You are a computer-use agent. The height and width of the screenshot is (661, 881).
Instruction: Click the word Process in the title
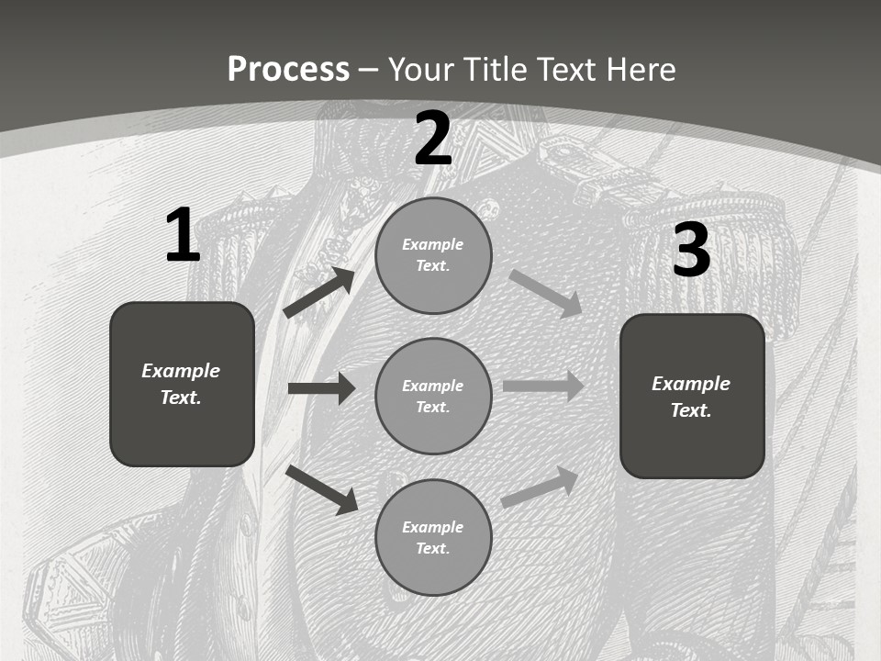coord(288,69)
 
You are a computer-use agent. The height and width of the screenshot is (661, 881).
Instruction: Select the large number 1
coord(182,236)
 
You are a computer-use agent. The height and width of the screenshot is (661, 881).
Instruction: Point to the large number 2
coord(433,139)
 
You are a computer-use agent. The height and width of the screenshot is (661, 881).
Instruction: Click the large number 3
coord(691,251)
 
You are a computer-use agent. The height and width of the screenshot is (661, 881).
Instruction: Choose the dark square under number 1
coord(182,384)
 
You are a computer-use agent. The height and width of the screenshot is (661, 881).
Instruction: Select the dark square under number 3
coord(692,396)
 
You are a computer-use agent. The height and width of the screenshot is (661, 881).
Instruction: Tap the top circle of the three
coord(433,255)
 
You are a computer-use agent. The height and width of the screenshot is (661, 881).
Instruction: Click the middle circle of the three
coord(433,396)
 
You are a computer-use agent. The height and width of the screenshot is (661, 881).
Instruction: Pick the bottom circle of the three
coord(433,537)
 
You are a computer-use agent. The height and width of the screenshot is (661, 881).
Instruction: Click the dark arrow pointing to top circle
coord(319,293)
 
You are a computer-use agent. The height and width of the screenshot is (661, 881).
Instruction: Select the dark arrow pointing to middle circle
coord(321,388)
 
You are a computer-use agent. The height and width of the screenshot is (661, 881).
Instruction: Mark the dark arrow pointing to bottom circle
coord(322,489)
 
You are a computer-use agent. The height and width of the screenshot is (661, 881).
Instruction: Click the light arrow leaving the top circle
coord(546,293)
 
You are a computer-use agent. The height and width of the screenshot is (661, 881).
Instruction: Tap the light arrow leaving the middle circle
coord(543,386)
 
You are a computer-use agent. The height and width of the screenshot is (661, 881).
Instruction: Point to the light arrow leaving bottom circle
coord(541,487)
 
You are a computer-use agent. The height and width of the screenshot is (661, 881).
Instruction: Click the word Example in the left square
coord(181,371)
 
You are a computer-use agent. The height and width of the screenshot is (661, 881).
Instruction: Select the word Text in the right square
coord(690,410)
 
